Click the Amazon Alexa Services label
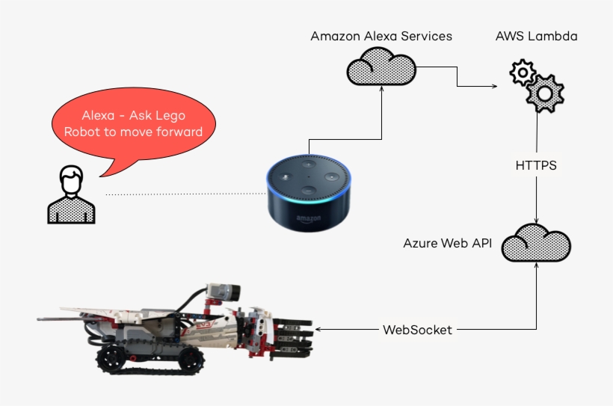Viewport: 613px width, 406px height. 381,36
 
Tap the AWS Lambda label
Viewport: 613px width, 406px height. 536,36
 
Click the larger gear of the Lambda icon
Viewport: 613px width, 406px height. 544,93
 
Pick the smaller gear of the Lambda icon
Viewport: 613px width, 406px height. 522,73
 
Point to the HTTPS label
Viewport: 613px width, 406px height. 536,165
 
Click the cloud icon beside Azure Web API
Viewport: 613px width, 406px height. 536,244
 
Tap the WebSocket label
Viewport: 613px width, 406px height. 417,329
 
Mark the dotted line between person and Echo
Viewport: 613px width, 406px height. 183,194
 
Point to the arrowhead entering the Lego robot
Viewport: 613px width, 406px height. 319,329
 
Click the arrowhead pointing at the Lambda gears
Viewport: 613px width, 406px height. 496,87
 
